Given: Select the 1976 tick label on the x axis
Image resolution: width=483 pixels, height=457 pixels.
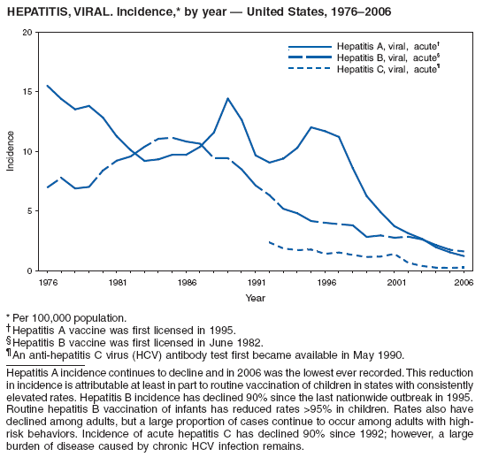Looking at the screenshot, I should pos(48,283).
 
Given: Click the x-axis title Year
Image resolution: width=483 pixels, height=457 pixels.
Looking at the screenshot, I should pos(255,298).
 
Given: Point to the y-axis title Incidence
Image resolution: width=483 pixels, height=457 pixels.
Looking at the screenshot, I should pos(11,151).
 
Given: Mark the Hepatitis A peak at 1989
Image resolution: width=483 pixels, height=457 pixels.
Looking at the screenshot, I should pos(227,98).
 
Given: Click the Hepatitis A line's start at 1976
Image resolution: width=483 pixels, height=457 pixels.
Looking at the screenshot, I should pos(48,86).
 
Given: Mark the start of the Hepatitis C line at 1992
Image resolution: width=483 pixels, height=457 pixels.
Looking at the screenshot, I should pos(269,241).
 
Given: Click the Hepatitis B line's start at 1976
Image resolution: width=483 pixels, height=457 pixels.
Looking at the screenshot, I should pos(48,187).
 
